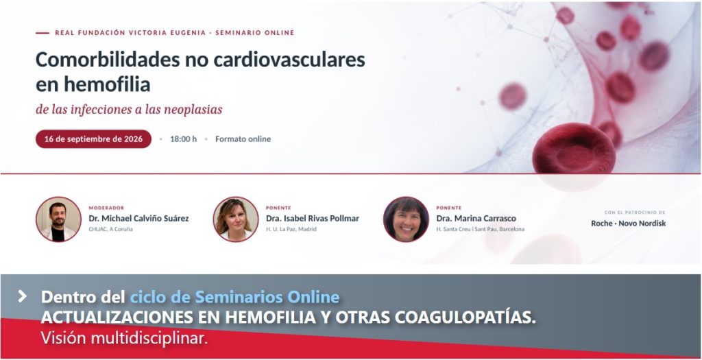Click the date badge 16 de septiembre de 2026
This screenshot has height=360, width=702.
[x=93, y=139]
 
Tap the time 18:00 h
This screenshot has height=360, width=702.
[x=183, y=139]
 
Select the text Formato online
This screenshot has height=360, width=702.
[x=243, y=139]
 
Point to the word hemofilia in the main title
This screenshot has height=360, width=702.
[x=106, y=84]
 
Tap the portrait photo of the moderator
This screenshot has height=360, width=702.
[x=58, y=219]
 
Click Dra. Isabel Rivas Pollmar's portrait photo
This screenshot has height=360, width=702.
[x=236, y=219]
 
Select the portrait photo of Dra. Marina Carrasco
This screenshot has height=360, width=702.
[x=406, y=219]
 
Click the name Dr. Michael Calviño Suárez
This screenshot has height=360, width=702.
[x=138, y=219]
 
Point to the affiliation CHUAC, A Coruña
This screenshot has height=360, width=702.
[x=110, y=229]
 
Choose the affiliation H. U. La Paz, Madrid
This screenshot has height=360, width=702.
[x=291, y=229]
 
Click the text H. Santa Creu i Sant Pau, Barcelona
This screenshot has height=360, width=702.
[x=481, y=229]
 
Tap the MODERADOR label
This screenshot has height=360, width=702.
[x=106, y=208]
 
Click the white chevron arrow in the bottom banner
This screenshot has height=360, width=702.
[x=22, y=296]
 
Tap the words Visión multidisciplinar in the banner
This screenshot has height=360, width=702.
[x=125, y=337]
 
